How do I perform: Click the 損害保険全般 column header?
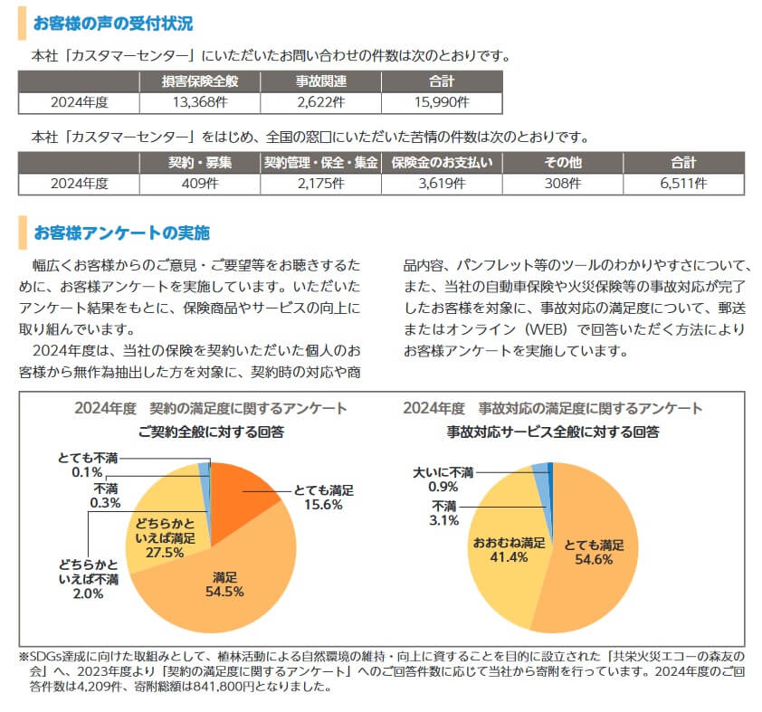[199, 82]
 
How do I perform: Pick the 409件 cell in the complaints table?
[199, 183]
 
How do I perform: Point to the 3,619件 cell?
[442, 183]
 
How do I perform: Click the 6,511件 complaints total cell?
[683, 183]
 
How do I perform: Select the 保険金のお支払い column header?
[442, 163]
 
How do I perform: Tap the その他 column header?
[562, 163]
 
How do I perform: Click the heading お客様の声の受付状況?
[112, 23]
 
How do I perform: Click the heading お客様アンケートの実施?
[121, 233]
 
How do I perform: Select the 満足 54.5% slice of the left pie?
[226, 588]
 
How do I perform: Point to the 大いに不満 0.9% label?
[443, 479]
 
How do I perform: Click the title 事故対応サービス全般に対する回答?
[552, 432]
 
